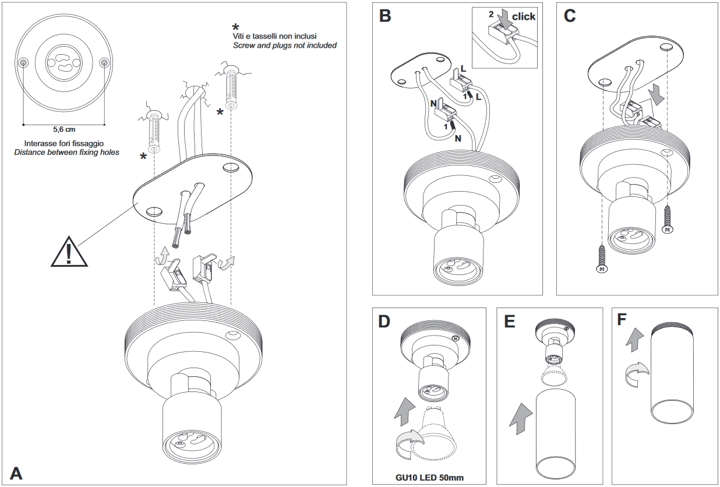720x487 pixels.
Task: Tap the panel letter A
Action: [x=16, y=472]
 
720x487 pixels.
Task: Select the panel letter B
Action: [x=385, y=16]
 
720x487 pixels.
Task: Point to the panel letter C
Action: [x=570, y=16]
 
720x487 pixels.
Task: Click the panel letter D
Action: [x=385, y=322]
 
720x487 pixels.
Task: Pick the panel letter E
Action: [x=510, y=322]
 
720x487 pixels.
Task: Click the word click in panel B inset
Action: [x=523, y=17]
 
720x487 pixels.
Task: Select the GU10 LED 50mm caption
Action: [x=429, y=478]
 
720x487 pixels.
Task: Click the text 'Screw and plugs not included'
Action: [x=284, y=45]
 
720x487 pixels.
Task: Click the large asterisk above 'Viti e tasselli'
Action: [x=235, y=27]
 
